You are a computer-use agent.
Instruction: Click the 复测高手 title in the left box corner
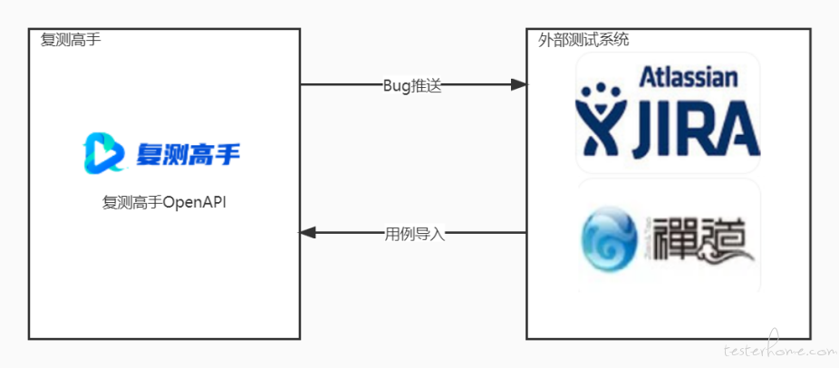71,40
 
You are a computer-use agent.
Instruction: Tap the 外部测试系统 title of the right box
583,40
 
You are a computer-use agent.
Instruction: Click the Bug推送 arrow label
412,86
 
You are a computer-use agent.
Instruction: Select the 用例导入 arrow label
415,234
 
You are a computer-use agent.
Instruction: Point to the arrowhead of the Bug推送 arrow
519,84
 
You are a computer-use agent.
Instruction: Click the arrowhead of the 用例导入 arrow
307,232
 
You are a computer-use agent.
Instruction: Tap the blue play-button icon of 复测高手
104,153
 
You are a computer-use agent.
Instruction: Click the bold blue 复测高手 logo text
188,154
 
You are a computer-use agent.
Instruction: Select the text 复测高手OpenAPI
164,204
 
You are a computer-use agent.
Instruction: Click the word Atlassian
689,77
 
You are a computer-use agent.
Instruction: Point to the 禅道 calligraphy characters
699,239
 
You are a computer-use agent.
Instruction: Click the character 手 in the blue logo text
227,154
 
